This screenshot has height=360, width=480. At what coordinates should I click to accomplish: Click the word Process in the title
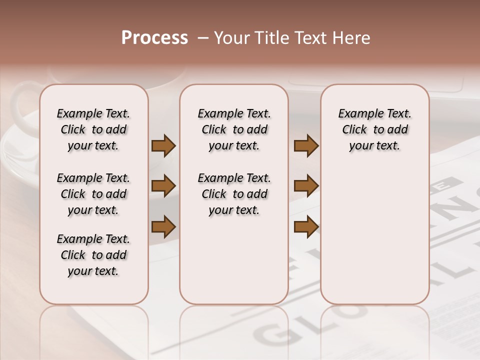click(154, 38)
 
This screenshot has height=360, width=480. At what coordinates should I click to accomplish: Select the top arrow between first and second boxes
click(163, 146)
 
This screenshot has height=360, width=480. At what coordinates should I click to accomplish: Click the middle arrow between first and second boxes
click(163, 186)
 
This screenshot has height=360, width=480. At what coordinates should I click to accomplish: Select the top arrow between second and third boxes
click(306, 146)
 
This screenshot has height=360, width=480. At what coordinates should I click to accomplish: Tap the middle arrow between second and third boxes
click(306, 186)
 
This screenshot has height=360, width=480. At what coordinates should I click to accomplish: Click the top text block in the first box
click(93, 129)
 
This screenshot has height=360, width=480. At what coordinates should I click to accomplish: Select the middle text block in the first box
click(93, 194)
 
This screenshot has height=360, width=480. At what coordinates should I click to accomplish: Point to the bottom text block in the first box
click(93, 255)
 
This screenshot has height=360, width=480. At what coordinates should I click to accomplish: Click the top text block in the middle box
click(234, 129)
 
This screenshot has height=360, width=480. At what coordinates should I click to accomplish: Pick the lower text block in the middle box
click(234, 194)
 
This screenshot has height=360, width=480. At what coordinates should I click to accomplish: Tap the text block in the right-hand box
click(374, 129)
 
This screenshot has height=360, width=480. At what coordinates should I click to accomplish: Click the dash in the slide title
click(203, 38)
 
